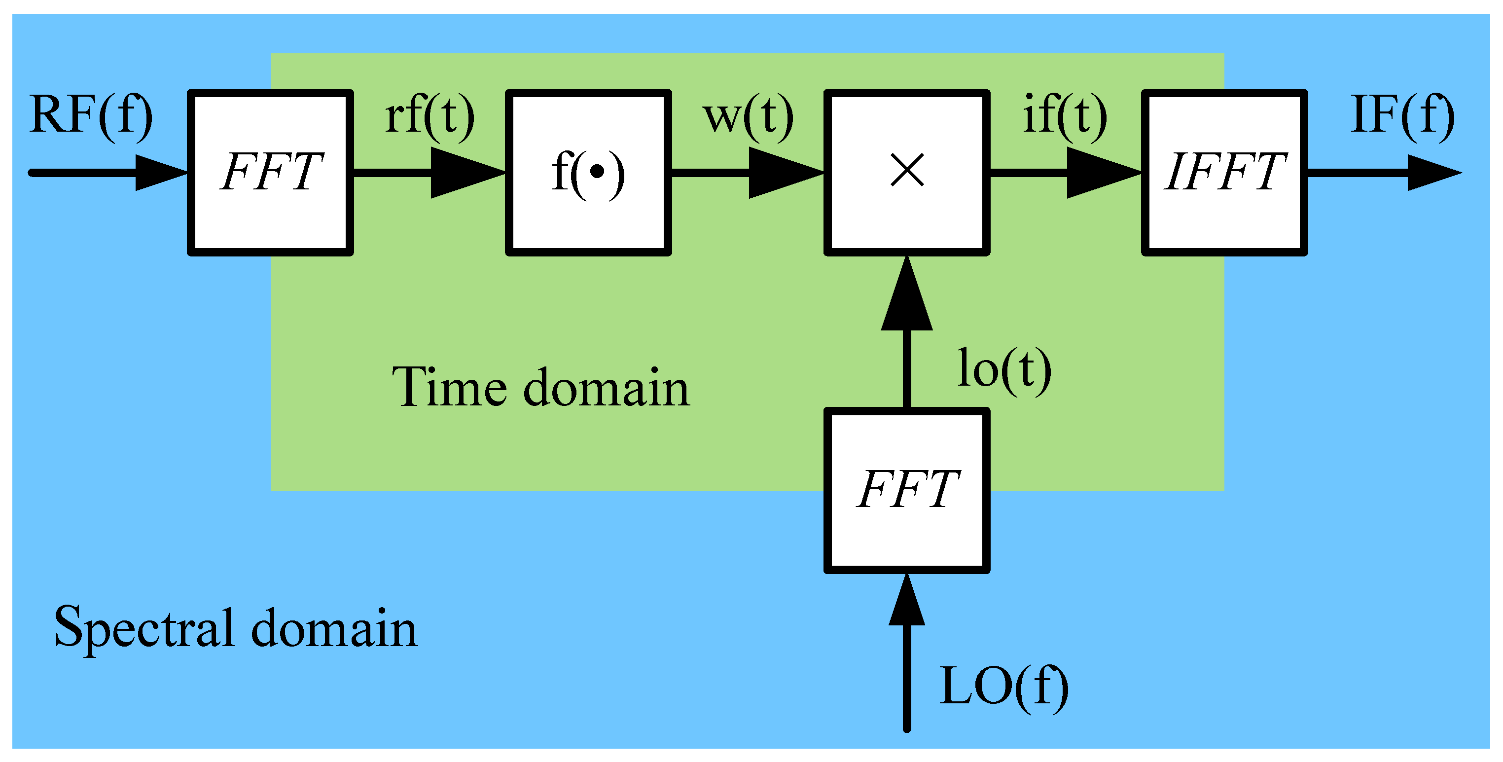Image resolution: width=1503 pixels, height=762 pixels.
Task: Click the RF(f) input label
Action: pyautogui.click(x=91, y=115)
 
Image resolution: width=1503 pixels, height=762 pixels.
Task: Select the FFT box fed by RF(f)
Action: pyautogui.click(x=270, y=172)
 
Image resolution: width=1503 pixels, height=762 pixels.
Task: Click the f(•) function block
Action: pyautogui.click(x=588, y=172)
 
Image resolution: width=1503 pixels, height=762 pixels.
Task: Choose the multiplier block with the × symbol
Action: pyautogui.click(x=907, y=172)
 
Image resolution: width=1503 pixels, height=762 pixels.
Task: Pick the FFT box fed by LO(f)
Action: pyautogui.click(x=907, y=490)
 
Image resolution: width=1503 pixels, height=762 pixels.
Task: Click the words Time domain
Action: pyautogui.click(x=540, y=388)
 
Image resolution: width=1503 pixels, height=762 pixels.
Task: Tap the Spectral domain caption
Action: pyautogui.click(x=236, y=629)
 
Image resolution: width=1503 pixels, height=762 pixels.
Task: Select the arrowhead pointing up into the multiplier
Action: pyautogui.click(x=907, y=294)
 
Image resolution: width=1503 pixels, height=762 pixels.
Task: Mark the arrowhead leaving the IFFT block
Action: pyautogui.click(x=1433, y=173)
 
